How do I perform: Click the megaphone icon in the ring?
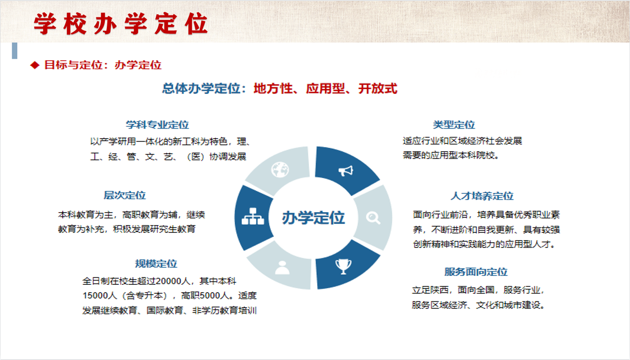346,171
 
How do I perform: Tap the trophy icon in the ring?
343,266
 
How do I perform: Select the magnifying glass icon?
373,218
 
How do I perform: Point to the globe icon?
280,170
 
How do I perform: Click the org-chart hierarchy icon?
253,216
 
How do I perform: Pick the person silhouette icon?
282,268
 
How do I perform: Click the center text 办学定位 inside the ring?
314,218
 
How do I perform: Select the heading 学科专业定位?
157,125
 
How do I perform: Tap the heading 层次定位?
125,195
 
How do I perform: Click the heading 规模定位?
156,264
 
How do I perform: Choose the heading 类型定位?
454,125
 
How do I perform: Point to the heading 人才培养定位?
482,196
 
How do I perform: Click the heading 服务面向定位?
476,271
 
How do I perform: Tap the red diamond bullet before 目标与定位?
35,65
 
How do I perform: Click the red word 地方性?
273,89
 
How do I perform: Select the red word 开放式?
378,89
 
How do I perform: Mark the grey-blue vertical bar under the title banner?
15,50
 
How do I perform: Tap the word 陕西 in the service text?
439,290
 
